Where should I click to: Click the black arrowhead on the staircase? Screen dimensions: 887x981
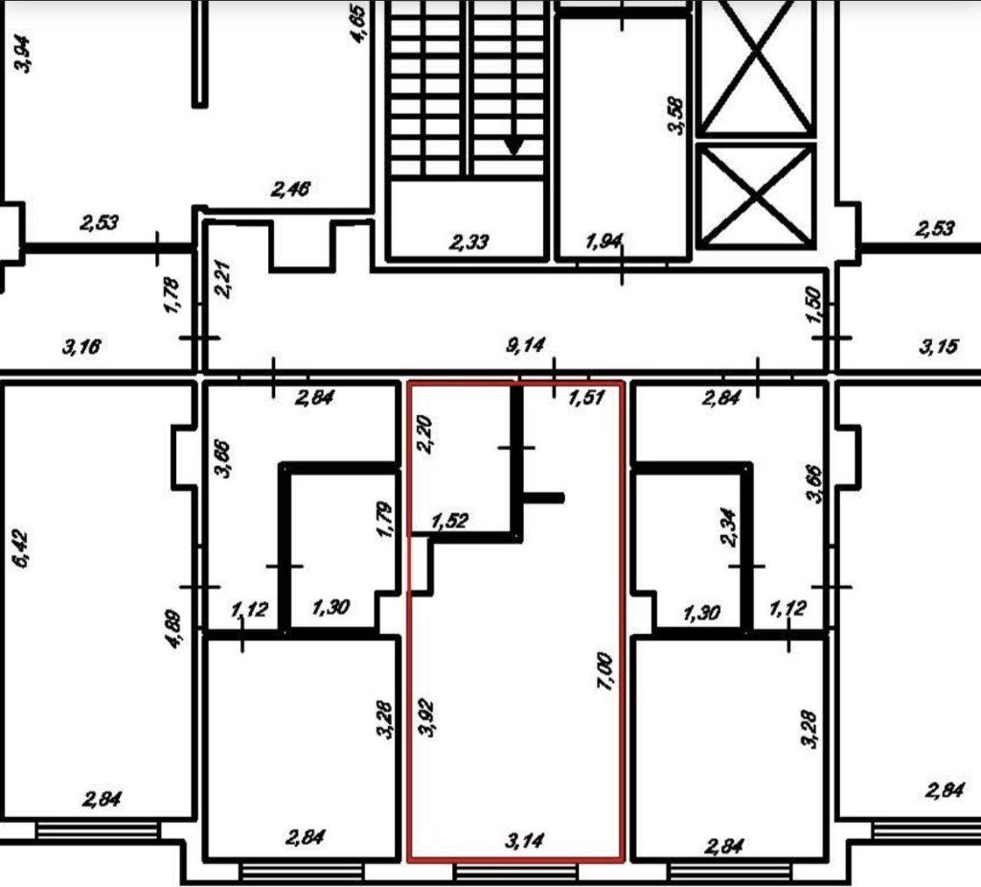tap(514, 146)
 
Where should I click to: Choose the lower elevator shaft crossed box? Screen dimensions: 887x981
tap(757, 195)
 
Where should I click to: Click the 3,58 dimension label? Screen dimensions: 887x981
tap(677, 114)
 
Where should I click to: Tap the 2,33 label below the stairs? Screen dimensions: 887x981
tap(467, 242)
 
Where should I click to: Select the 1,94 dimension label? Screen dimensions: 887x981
tap(604, 242)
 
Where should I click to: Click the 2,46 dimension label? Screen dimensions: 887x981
tap(291, 189)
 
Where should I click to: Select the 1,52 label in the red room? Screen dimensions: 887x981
tap(450, 522)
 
